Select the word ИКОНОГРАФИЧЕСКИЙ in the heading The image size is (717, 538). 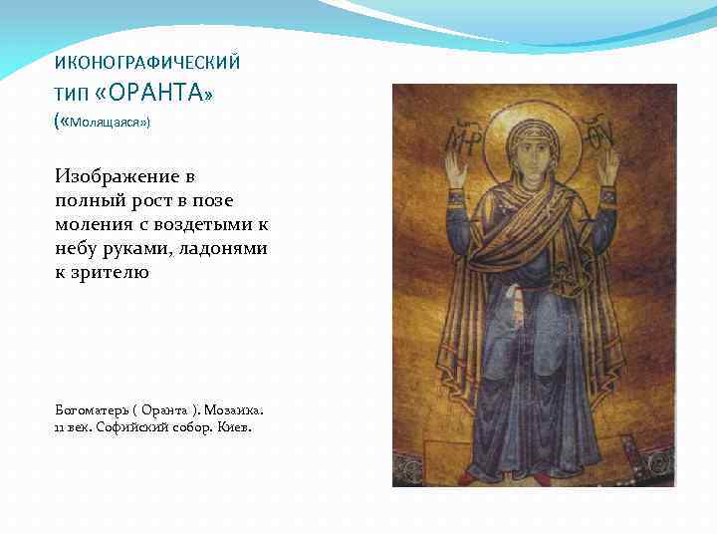point(147,63)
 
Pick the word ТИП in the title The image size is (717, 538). point(72,96)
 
